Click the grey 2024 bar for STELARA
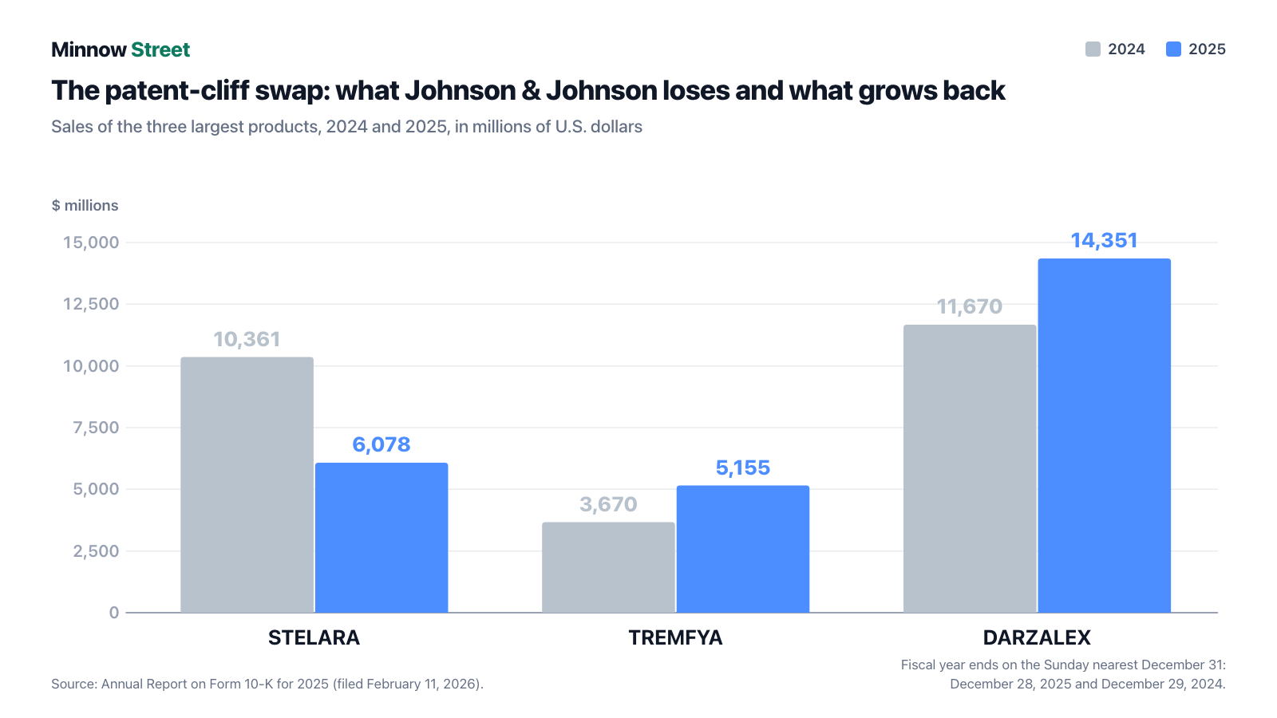click(247, 485)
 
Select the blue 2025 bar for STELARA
click(382, 538)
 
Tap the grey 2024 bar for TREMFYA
click(608, 567)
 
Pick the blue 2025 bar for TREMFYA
click(743, 550)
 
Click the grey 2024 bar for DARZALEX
click(970, 469)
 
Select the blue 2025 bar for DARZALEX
click(1105, 436)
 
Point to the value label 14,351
click(1105, 240)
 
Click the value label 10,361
click(247, 340)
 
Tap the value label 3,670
click(608, 504)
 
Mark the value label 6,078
click(382, 444)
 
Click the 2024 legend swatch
click(1093, 49)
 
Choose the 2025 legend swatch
click(1173, 49)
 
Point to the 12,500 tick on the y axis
click(91, 304)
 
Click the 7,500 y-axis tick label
click(96, 428)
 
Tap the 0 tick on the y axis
click(114, 613)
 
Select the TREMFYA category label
click(675, 637)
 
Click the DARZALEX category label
click(1037, 637)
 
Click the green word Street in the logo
click(160, 49)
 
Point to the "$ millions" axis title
click(85, 205)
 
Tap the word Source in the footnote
click(74, 684)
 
